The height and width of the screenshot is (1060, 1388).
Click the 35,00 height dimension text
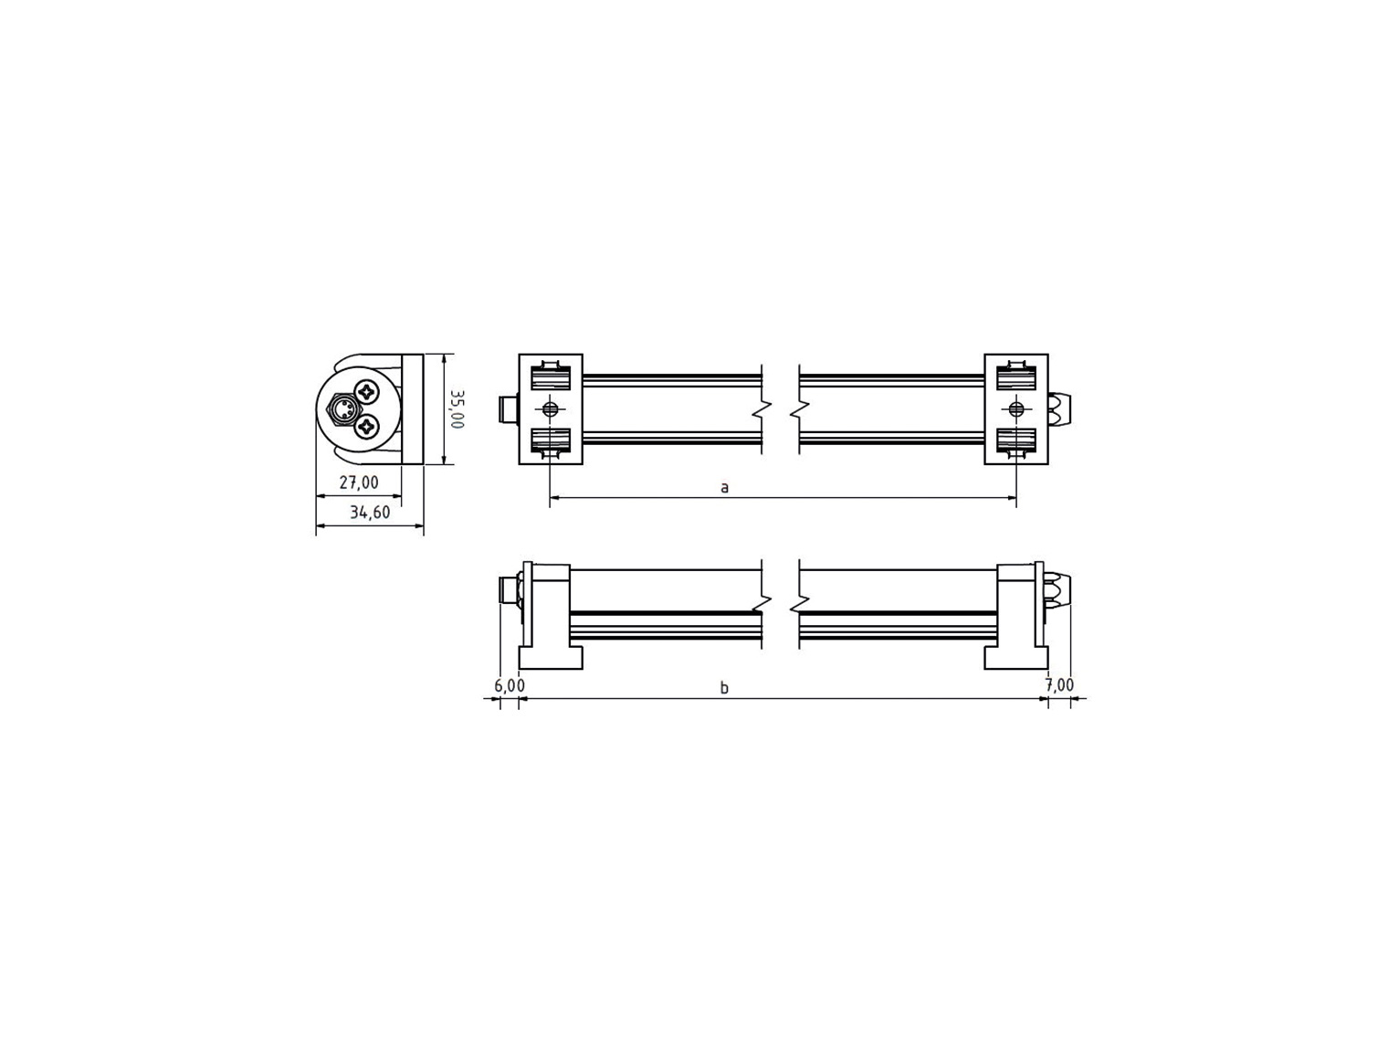pos(457,408)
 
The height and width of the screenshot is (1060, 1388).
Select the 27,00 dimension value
pos(359,482)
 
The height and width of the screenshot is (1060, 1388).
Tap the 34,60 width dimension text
pos(370,512)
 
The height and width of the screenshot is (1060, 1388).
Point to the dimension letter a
pos(725,487)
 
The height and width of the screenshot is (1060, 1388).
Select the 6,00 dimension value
pos(509,685)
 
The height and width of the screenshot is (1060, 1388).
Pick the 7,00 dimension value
pos(1059,684)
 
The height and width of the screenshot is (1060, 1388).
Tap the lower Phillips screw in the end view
pos(366,427)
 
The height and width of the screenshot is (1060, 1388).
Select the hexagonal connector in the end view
pos(342,408)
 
